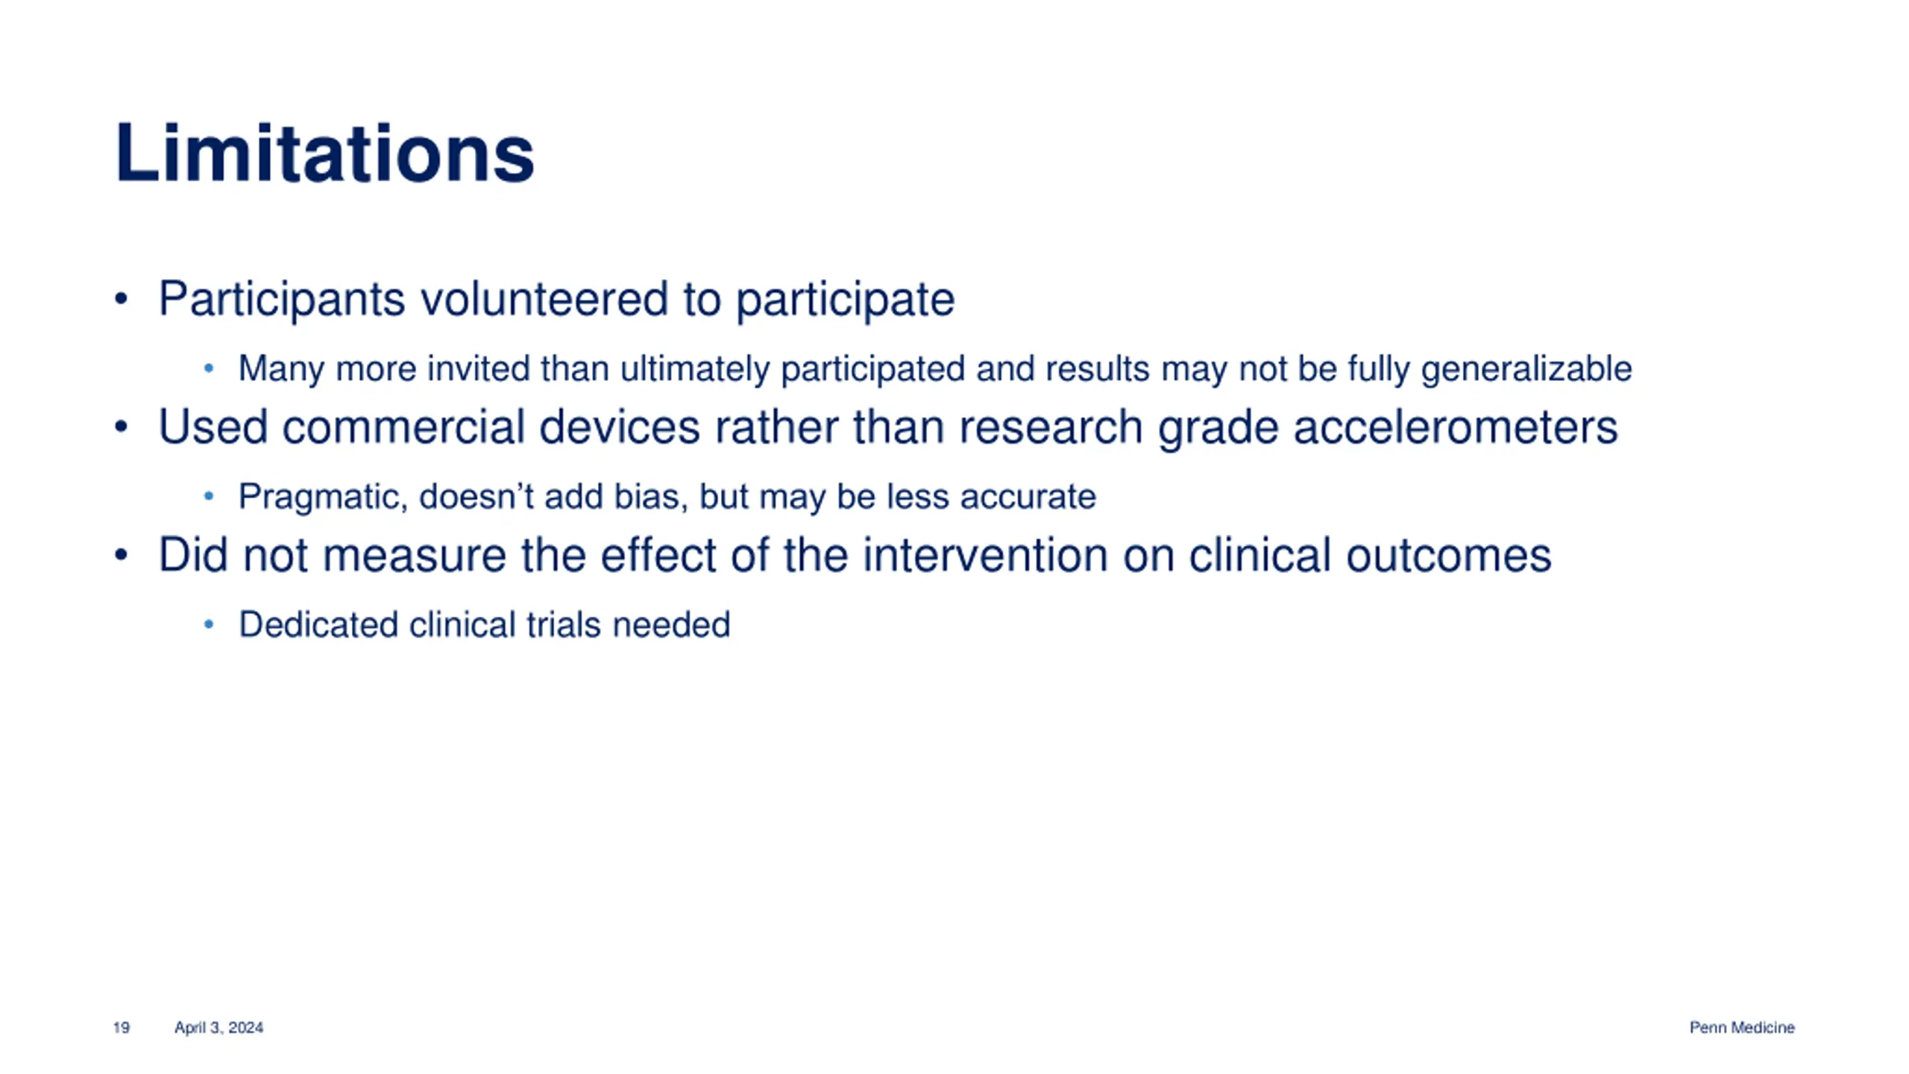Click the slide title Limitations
pyautogui.click(x=324, y=153)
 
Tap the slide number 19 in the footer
pyautogui.click(x=122, y=1028)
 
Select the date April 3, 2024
pyautogui.click(x=218, y=1028)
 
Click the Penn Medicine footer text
pyautogui.click(x=1742, y=1028)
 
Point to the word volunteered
pyautogui.click(x=544, y=298)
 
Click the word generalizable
pyautogui.click(x=1526, y=369)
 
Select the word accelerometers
pyautogui.click(x=1455, y=427)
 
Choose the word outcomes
pyautogui.click(x=1448, y=556)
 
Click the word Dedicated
pyautogui.click(x=318, y=625)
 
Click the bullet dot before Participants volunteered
pyautogui.click(x=122, y=300)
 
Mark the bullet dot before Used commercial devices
pyautogui.click(x=122, y=428)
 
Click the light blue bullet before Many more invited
pyautogui.click(x=209, y=368)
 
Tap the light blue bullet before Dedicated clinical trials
pyautogui.click(x=209, y=625)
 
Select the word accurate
pyautogui.click(x=1028, y=497)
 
